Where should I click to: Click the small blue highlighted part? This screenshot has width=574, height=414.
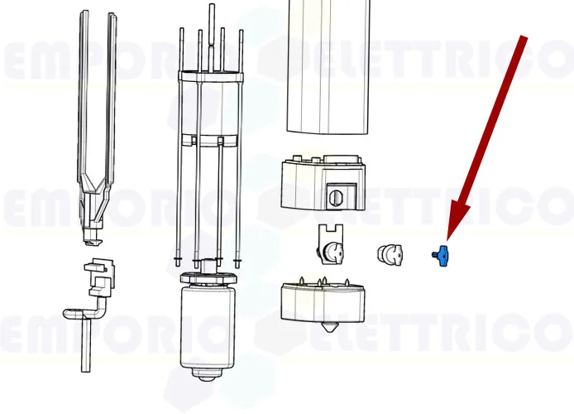tap(441, 256)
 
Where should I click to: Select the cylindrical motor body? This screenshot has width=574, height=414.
tap(208, 326)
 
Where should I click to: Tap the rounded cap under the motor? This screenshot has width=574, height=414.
tap(207, 374)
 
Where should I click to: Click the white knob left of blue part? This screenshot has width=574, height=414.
tap(390, 253)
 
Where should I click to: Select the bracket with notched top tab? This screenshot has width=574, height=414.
tap(331, 243)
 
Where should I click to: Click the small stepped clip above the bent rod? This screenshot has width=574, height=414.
tap(99, 277)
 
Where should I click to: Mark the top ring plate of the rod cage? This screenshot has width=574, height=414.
tap(211, 76)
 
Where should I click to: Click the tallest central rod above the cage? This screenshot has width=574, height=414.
tap(212, 37)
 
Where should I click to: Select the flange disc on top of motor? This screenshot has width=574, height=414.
tap(208, 277)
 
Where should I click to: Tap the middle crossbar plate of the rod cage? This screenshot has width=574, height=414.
tap(208, 140)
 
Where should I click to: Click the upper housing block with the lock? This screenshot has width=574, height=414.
tap(323, 182)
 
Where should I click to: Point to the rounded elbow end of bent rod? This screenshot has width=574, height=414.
tap(68, 313)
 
